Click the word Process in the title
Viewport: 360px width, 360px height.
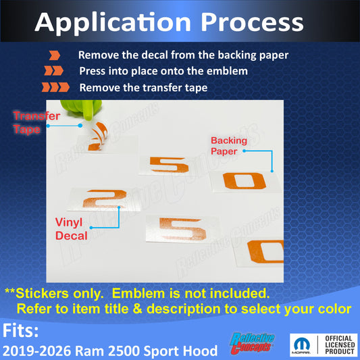pyautogui.click(x=252, y=23)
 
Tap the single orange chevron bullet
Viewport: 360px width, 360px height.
pyautogui.click(x=55, y=55)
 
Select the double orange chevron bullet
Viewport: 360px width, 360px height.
pyautogui.click(x=54, y=71)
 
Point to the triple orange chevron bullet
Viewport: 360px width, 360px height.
pyautogui.click(x=55, y=87)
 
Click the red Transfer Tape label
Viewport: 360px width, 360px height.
pyautogui.click(x=36, y=123)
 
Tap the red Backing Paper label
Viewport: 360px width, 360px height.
pyautogui.click(x=229, y=146)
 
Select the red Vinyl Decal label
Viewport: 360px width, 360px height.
pyautogui.click(x=71, y=229)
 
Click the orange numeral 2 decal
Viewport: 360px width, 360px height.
pyautogui.click(x=105, y=199)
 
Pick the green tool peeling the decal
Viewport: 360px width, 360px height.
pyautogui.click(x=82, y=109)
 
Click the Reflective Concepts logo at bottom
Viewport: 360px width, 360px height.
pyautogui.click(x=253, y=343)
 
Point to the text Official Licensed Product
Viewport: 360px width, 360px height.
pyautogui.click(x=340, y=345)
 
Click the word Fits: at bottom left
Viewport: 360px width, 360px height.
pyautogui.click(x=20, y=330)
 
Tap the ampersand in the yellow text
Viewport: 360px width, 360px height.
pyautogui.click(x=138, y=309)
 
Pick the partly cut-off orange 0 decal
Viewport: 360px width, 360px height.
pyautogui.click(x=265, y=252)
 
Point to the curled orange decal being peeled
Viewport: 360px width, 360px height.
pyautogui.click(x=98, y=137)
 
